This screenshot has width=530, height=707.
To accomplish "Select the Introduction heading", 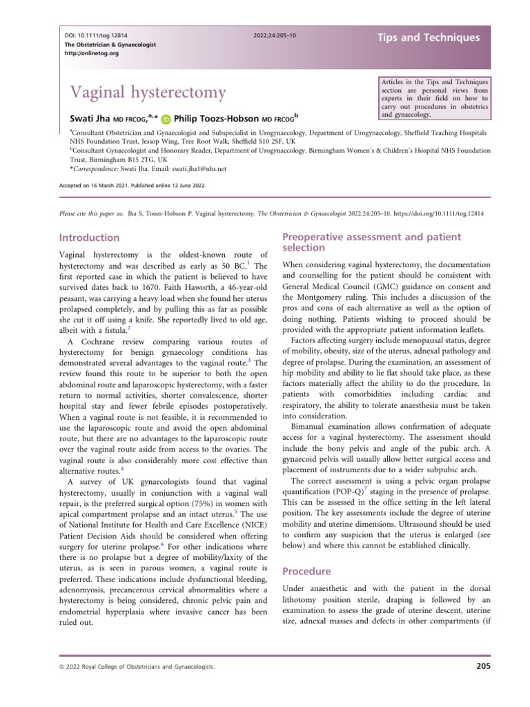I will pyautogui.click(x=90, y=238).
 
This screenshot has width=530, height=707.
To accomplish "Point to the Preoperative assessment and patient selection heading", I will pyautogui.click(x=373, y=242).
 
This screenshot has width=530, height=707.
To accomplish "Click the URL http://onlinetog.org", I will pyautogui.click(x=83, y=54).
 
